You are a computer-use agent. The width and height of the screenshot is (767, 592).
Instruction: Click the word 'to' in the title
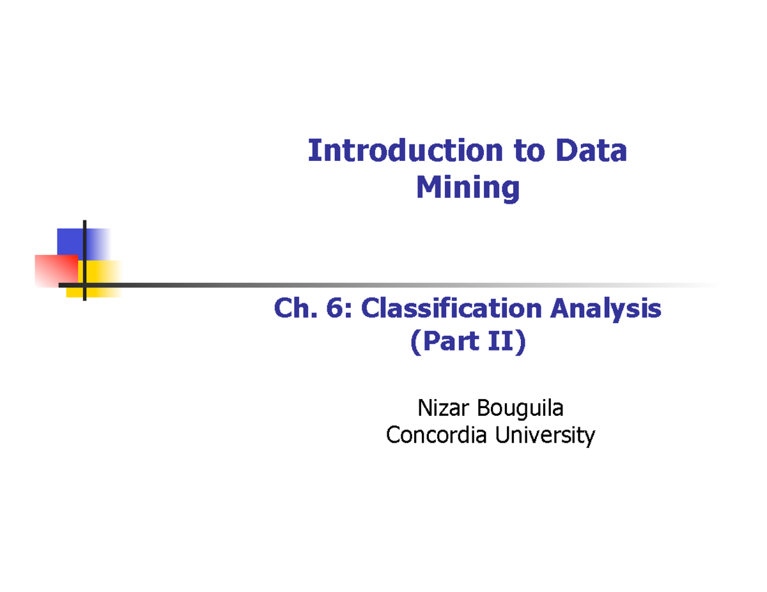pos(526,151)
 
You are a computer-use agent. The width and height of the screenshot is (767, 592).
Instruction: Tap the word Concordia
pos(435,436)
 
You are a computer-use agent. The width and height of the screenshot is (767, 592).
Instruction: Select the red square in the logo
pos(55,269)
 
